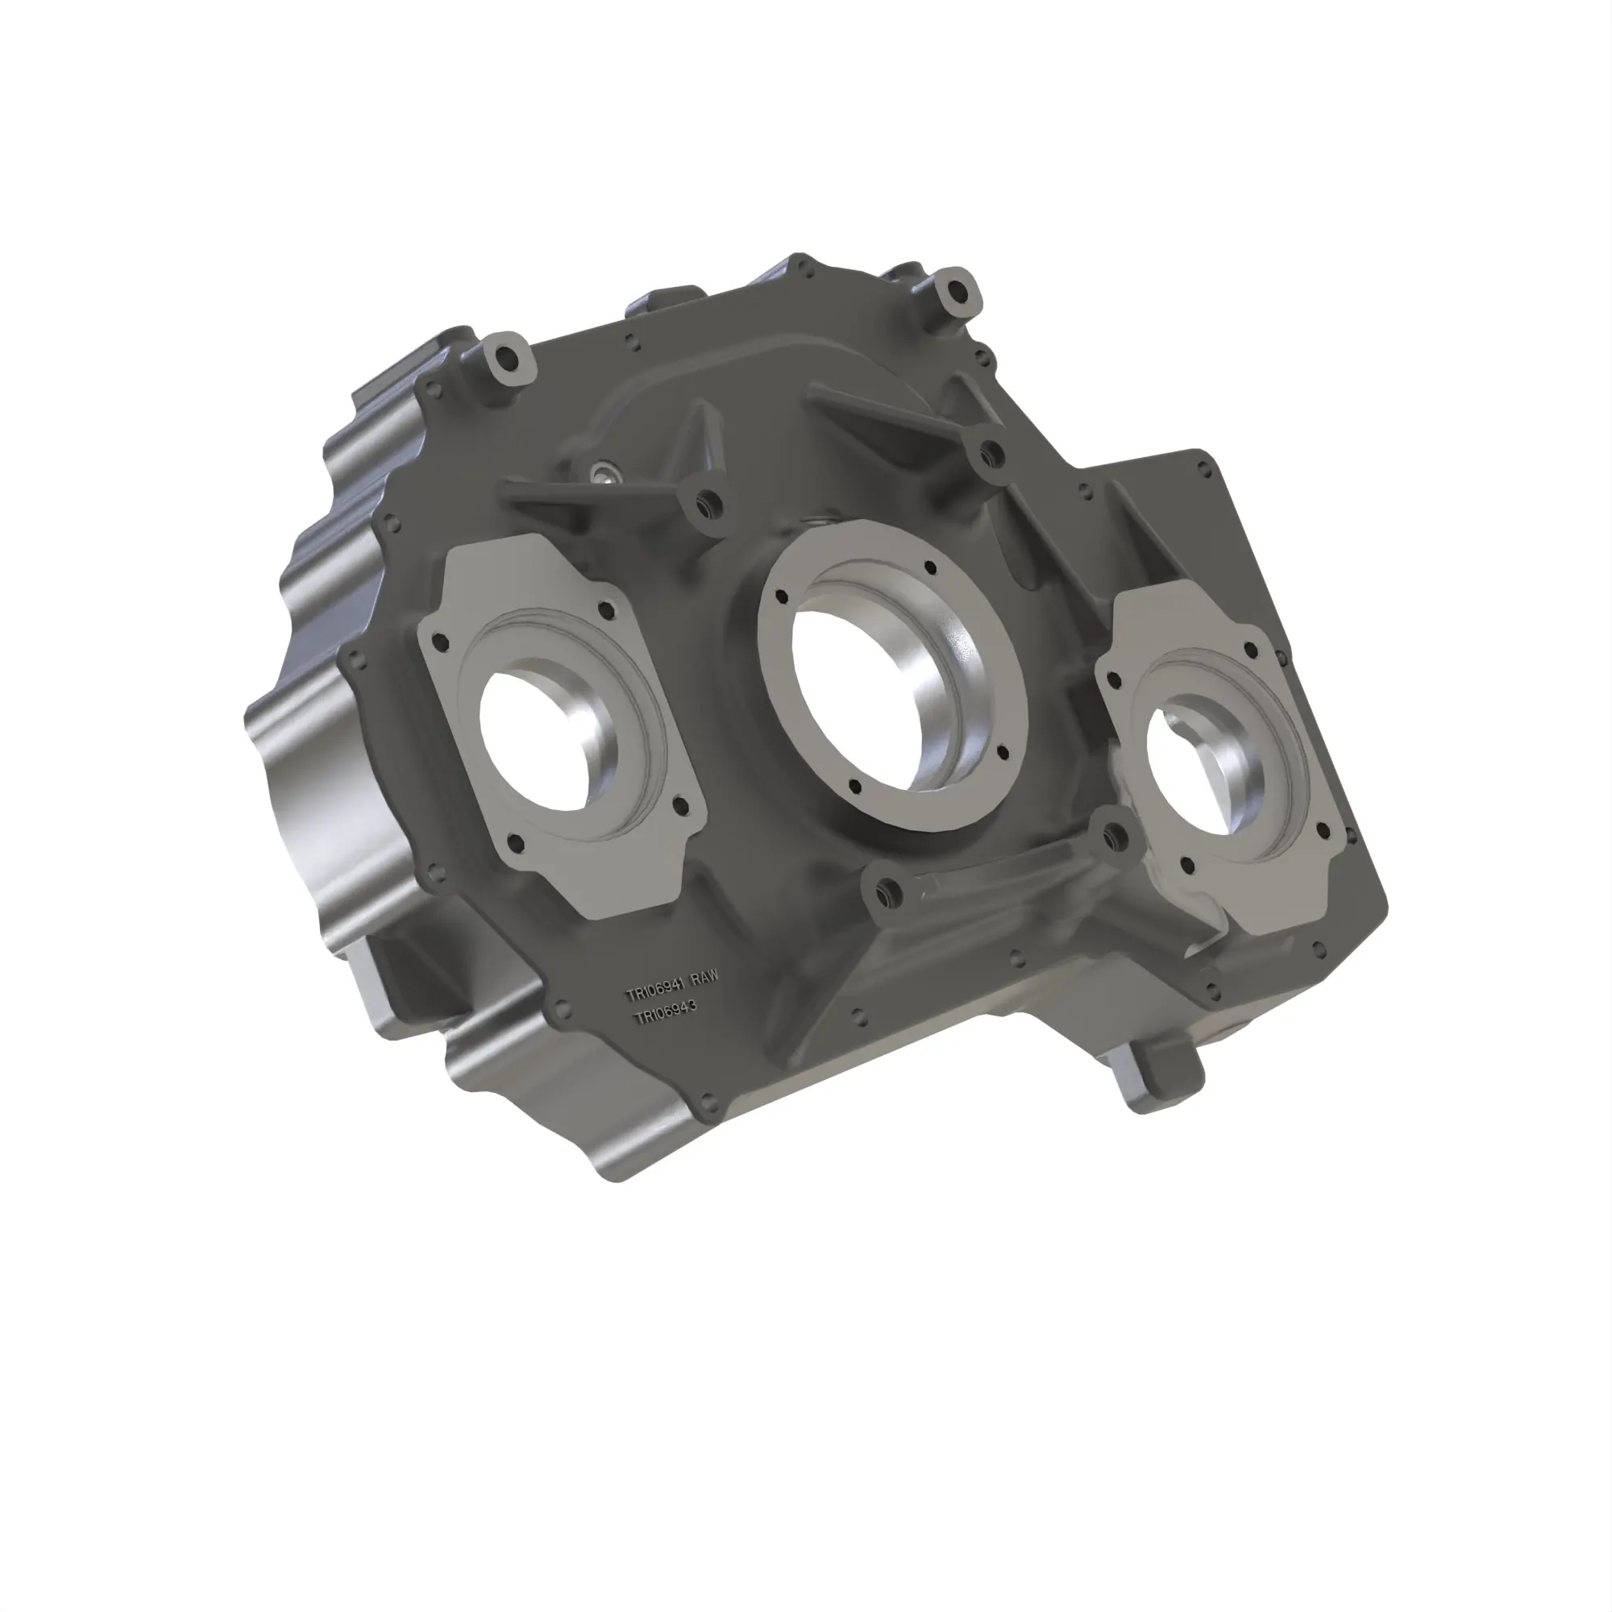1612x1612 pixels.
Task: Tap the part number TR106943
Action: coord(665,1013)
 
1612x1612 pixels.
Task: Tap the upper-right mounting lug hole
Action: coord(956,290)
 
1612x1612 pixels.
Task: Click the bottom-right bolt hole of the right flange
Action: coord(1322,831)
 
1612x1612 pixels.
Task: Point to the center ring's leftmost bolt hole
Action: coord(782,596)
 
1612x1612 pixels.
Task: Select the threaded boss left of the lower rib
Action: coord(887,892)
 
